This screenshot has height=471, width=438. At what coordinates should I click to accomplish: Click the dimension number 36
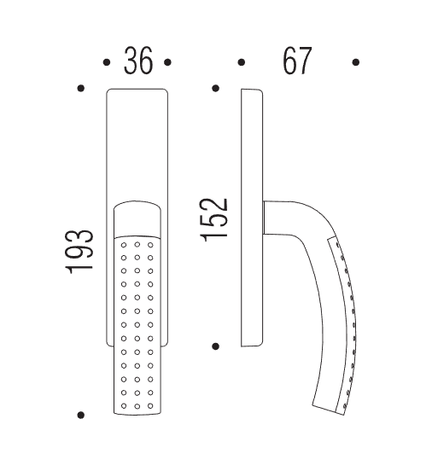[x=138, y=61]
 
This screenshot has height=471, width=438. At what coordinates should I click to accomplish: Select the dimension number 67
[x=297, y=61]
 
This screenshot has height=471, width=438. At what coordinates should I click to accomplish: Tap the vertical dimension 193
[x=79, y=252]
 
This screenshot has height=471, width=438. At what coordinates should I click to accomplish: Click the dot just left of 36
[x=107, y=62]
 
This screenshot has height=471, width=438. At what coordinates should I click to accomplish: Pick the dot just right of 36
[x=167, y=62]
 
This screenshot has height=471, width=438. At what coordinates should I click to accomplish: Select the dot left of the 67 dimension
[x=241, y=62]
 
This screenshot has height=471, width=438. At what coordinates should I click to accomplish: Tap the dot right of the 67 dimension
[x=356, y=62]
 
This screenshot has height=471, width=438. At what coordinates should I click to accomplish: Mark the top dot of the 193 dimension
[x=80, y=89]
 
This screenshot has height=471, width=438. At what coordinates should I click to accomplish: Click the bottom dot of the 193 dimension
[x=80, y=415]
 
